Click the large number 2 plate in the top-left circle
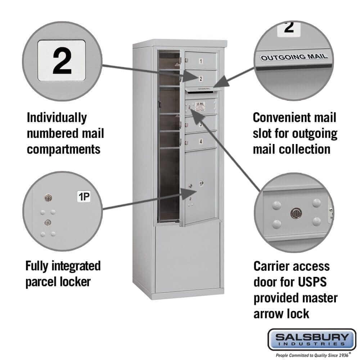click(x=62, y=60)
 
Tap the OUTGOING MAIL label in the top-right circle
click(x=294, y=57)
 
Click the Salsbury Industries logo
click(x=312, y=339)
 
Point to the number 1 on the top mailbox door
click(x=201, y=62)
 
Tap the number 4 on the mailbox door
click(x=200, y=141)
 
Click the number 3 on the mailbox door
click(x=200, y=125)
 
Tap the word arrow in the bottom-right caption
click(x=270, y=313)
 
